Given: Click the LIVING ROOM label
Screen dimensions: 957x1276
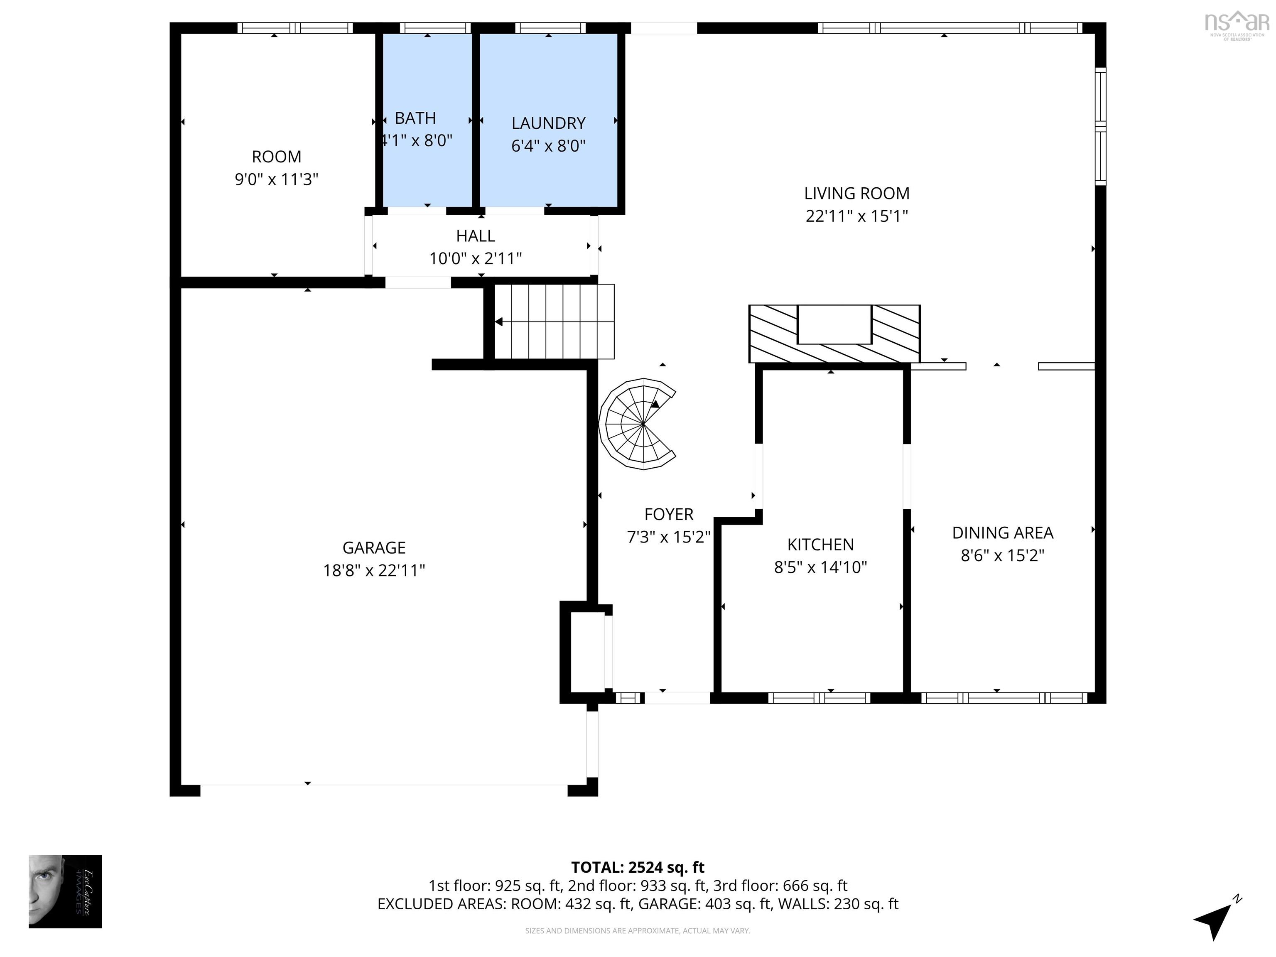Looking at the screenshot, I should click(856, 193).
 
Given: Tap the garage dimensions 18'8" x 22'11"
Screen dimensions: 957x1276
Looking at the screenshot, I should click(374, 571).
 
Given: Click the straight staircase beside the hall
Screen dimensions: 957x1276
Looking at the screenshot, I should click(554, 321).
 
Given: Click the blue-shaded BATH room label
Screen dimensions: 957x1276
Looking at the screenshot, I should click(415, 118).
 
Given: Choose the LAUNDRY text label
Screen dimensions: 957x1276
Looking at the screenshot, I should click(548, 123).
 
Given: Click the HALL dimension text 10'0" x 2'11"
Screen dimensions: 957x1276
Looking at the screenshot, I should click(475, 258).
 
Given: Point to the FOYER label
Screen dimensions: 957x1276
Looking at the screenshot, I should click(669, 514).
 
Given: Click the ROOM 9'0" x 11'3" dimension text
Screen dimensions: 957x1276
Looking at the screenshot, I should click(276, 179).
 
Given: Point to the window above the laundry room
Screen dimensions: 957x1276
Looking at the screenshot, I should click(550, 28).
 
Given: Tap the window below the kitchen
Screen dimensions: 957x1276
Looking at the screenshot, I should click(819, 698).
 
